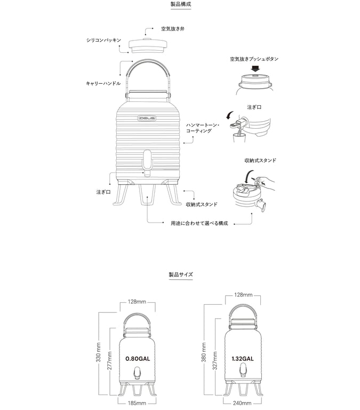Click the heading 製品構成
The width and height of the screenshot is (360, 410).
tap(180, 4)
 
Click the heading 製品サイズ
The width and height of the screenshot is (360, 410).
tap(180, 274)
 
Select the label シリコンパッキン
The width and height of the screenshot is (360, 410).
tap(104, 40)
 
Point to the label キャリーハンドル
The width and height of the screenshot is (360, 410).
tap(103, 84)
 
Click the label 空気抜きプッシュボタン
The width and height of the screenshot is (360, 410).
tap(255, 58)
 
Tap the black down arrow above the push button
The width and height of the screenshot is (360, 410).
tap(256, 68)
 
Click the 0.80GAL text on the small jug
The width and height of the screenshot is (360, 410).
tap(136, 359)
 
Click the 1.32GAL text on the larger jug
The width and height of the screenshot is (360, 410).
tap(243, 359)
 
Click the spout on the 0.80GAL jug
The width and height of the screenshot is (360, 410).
tap(137, 373)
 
